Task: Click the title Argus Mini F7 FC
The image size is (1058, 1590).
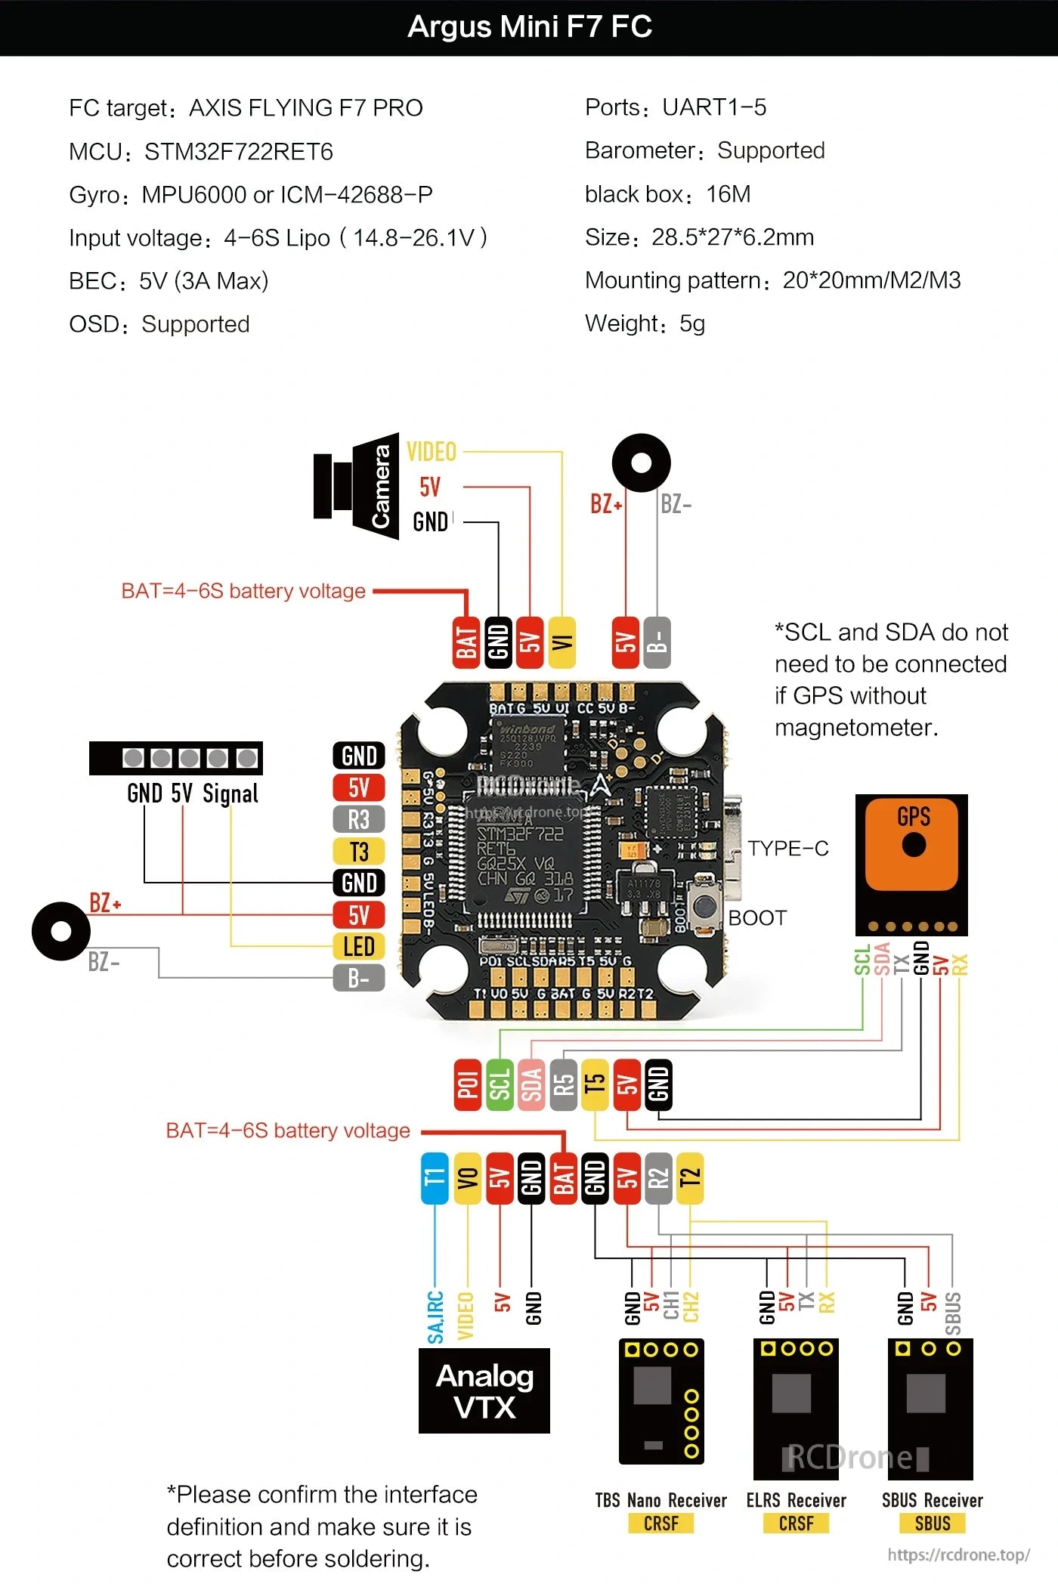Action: [x=529, y=27]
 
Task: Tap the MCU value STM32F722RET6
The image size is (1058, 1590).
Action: [x=238, y=152]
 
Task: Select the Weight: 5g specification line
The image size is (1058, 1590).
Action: [x=645, y=323]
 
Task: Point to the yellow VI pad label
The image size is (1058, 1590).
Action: [x=561, y=642]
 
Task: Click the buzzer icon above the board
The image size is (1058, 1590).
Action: [x=641, y=462]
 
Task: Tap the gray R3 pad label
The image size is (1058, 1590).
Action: [x=359, y=819]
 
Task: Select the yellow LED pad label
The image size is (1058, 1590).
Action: [x=359, y=946]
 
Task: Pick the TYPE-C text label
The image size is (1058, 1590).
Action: [x=788, y=849]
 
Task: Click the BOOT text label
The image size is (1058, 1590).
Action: [x=757, y=918]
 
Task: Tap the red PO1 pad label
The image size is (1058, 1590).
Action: [x=468, y=1085]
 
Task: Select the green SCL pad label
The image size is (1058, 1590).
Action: [x=500, y=1085]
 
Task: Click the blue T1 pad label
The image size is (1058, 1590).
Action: [x=435, y=1178]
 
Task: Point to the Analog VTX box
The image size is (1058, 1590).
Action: [x=484, y=1391]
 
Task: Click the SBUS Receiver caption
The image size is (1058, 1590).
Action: [x=932, y=1500]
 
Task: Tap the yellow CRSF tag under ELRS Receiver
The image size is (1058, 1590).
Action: [x=796, y=1523]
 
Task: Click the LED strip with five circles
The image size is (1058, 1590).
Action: [x=176, y=758]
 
